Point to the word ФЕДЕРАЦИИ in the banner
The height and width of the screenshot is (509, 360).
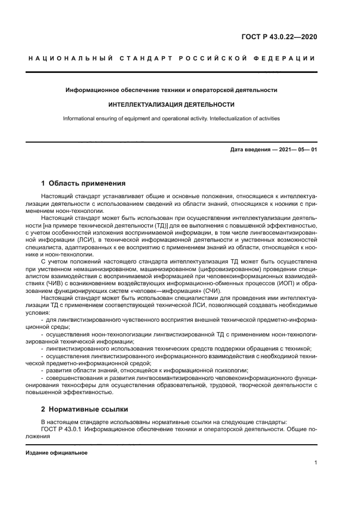point(289,58)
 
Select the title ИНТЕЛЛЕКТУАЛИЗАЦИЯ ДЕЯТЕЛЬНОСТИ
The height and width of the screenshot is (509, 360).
point(172,104)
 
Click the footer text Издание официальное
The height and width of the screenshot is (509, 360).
point(56,453)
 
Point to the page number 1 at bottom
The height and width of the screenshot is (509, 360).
point(315,463)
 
